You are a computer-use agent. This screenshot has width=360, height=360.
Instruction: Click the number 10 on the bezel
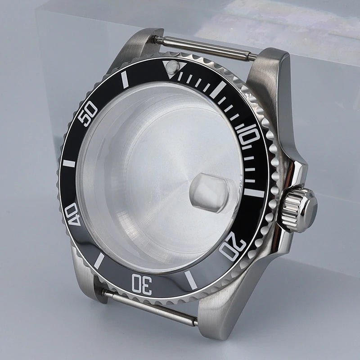[x=249, y=135]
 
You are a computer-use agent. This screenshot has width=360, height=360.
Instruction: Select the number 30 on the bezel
[x=140, y=284]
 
